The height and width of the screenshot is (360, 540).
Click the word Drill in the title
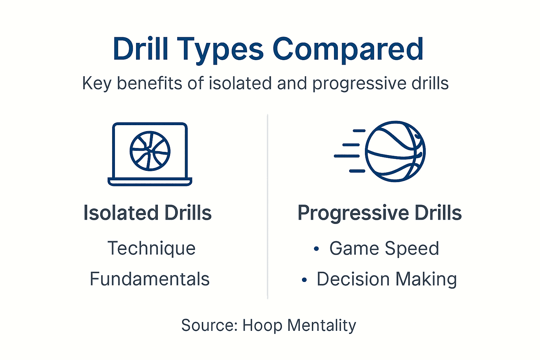[141, 49]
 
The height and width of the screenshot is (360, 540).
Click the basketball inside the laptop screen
[150, 152]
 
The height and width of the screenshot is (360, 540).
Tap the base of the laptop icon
[150, 182]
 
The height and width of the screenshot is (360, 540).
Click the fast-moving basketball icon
[395, 152]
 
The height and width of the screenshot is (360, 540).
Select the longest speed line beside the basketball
[347, 156]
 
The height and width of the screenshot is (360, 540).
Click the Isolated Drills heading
[147, 213]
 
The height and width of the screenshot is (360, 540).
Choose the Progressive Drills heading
[379, 213]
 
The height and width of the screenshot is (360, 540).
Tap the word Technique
[151, 248]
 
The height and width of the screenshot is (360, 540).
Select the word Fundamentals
[150, 279]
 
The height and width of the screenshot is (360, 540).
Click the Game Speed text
[384, 249]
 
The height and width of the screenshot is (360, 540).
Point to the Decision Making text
[387, 279]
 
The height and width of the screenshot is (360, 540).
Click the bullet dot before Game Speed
[316, 249]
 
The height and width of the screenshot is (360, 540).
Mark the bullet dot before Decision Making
[304, 280]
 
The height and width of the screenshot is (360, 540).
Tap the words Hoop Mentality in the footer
[299, 326]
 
